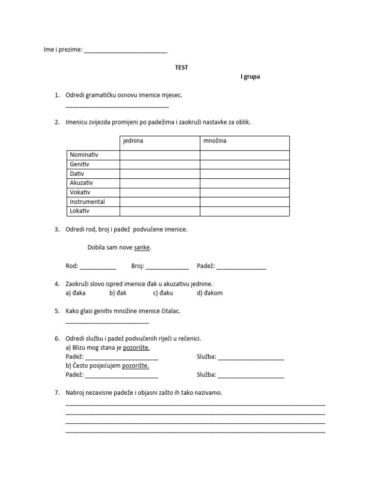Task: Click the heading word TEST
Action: pyautogui.click(x=182, y=67)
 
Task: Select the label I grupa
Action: pyautogui.click(x=250, y=77)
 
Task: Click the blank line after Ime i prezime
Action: pyautogui.click(x=125, y=50)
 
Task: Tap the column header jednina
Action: pyautogui.click(x=133, y=141)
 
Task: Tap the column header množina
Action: pyautogui.click(x=216, y=141)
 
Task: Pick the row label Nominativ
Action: pyautogui.click(x=84, y=155)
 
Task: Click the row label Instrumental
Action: pyautogui.click(x=87, y=202)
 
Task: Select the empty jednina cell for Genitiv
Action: pyautogui.click(x=159, y=165)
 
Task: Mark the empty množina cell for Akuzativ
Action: pyautogui.click(x=245, y=183)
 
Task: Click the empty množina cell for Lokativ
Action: pyautogui.click(x=245, y=211)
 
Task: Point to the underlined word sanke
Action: pyautogui.click(x=142, y=248)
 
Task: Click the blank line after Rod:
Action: pyautogui.click(x=98, y=267)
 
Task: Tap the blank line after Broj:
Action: pyautogui.click(x=167, y=267)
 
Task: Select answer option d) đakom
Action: pyautogui.click(x=210, y=293)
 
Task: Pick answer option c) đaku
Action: pyautogui.click(x=163, y=293)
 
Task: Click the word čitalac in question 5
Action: pyautogui.click(x=168, y=311)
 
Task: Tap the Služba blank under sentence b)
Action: pyautogui.click(x=251, y=375)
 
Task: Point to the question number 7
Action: pyautogui.click(x=57, y=393)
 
